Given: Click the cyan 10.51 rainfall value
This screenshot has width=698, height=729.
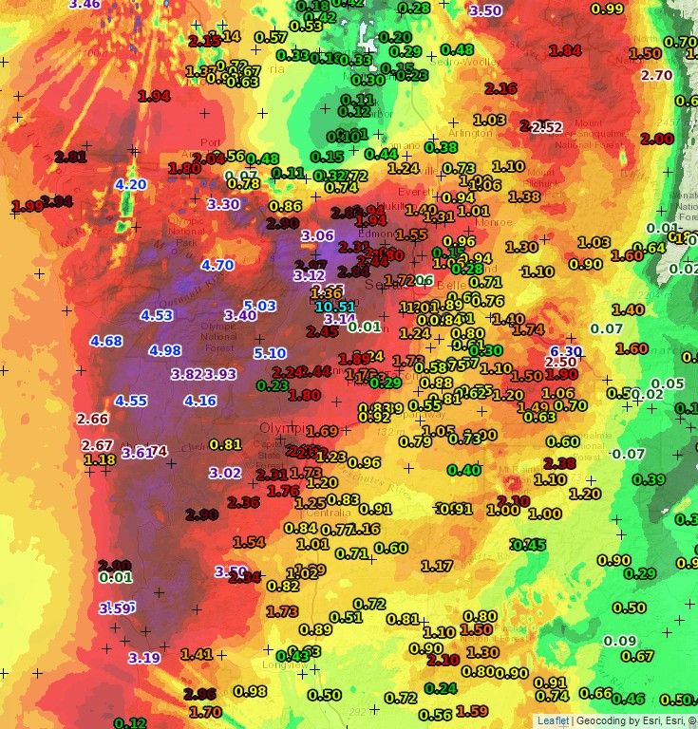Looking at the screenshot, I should coord(334,307).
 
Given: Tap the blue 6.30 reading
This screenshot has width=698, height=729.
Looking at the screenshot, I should coord(566,351).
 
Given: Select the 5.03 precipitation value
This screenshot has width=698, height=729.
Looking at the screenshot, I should coord(259,305).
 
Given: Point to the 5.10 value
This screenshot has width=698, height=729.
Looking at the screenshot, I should coord(271,353).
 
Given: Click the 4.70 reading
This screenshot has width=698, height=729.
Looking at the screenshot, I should coord(217,266).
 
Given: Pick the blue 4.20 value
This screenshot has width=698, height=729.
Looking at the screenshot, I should coord(130,184).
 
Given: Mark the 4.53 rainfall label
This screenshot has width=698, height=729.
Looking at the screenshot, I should coord(157,315).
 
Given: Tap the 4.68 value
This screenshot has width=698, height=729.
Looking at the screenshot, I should coord(106,341).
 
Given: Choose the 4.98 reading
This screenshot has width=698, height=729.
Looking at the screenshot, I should coord(165,350).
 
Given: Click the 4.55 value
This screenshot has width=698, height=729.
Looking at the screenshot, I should coord(131,401).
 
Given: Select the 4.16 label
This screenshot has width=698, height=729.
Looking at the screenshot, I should coord(200,401).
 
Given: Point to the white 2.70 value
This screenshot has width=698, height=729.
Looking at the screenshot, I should coord(657,75).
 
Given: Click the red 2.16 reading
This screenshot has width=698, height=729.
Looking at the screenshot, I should coord(500,88).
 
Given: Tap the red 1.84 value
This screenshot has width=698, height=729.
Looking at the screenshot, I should coord(565,49).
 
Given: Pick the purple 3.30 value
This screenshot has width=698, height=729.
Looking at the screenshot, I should coord(223,203).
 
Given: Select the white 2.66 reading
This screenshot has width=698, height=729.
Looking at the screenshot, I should coord(93,419).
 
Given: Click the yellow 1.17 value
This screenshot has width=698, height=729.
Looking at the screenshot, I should coord(437,566).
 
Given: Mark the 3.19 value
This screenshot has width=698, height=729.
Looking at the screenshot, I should coord(144,658).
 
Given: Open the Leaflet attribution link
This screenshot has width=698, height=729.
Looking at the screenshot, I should coord(554,720).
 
